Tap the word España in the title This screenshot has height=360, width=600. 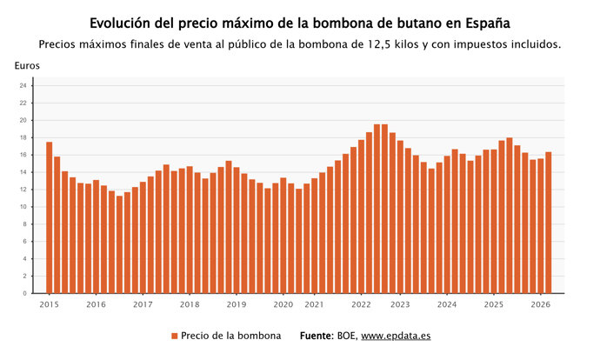point(482,21)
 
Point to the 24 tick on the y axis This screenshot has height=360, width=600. point(23,85)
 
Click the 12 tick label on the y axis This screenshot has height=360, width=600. point(23,190)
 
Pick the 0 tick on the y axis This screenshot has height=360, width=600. point(25,294)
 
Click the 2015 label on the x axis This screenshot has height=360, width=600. point(50,305)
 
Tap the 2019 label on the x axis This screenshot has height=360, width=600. point(236,305)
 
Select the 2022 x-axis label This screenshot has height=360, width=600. point(361,305)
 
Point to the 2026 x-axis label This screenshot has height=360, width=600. point(540,305)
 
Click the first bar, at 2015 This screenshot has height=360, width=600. point(50,217)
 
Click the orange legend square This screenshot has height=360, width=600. point(174,336)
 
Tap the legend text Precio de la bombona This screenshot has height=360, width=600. point(230,336)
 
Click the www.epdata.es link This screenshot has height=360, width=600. point(396,336)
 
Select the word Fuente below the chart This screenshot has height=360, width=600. point(316,336)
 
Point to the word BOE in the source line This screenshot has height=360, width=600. point(346,336)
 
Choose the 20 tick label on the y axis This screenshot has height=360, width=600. point(23,120)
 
